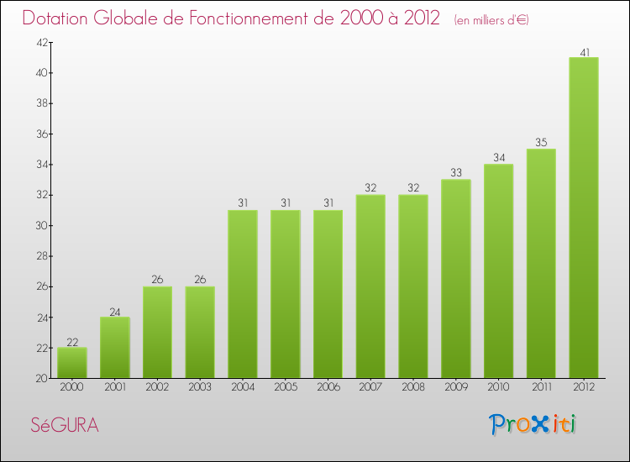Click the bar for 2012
(584, 218)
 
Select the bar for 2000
(71, 363)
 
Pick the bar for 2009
(455, 279)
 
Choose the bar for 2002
(157, 333)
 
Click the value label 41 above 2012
(584, 52)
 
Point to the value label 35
(541, 144)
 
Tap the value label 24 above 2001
(114, 312)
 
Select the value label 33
(455, 174)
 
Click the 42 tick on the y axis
(39, 43)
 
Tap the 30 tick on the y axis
(39, 226)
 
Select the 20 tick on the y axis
(39, 379)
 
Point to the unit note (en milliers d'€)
(491, 20)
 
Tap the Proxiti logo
(533, 424)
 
